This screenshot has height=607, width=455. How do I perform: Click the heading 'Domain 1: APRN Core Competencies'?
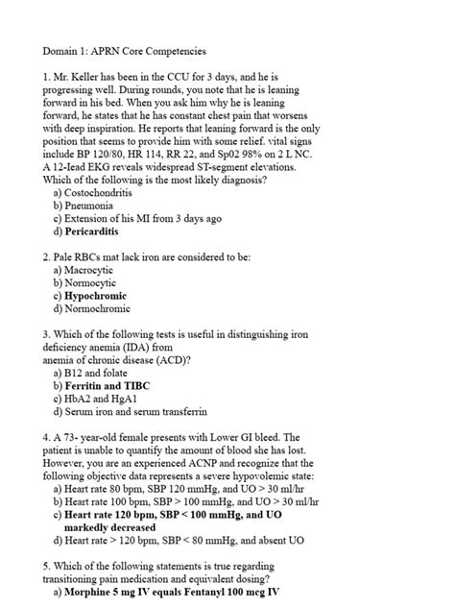[124, 50]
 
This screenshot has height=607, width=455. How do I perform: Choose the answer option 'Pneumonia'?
[89, 206]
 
